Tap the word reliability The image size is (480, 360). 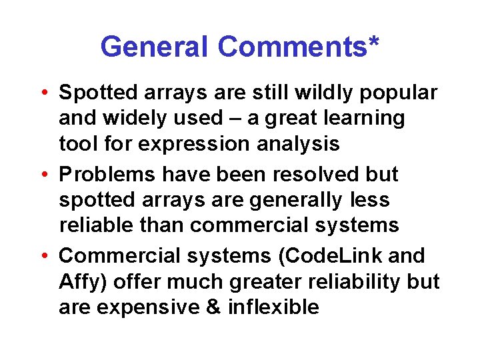[347, 283]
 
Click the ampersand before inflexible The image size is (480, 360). [213, 307]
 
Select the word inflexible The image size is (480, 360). [273, 307]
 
